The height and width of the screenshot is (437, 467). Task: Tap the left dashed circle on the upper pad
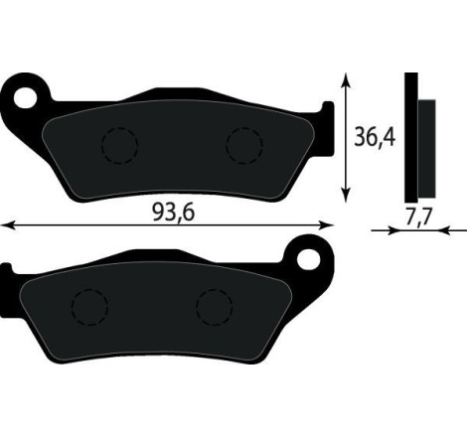(119, 147)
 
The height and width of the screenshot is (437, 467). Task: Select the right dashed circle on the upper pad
(243, 147)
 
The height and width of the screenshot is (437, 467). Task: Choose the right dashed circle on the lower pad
(214, 307)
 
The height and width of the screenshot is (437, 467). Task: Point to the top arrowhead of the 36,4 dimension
(346, 77)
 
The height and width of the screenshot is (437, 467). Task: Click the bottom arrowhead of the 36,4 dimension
(346, 195)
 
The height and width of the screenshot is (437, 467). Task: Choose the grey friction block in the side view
(426, 147)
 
